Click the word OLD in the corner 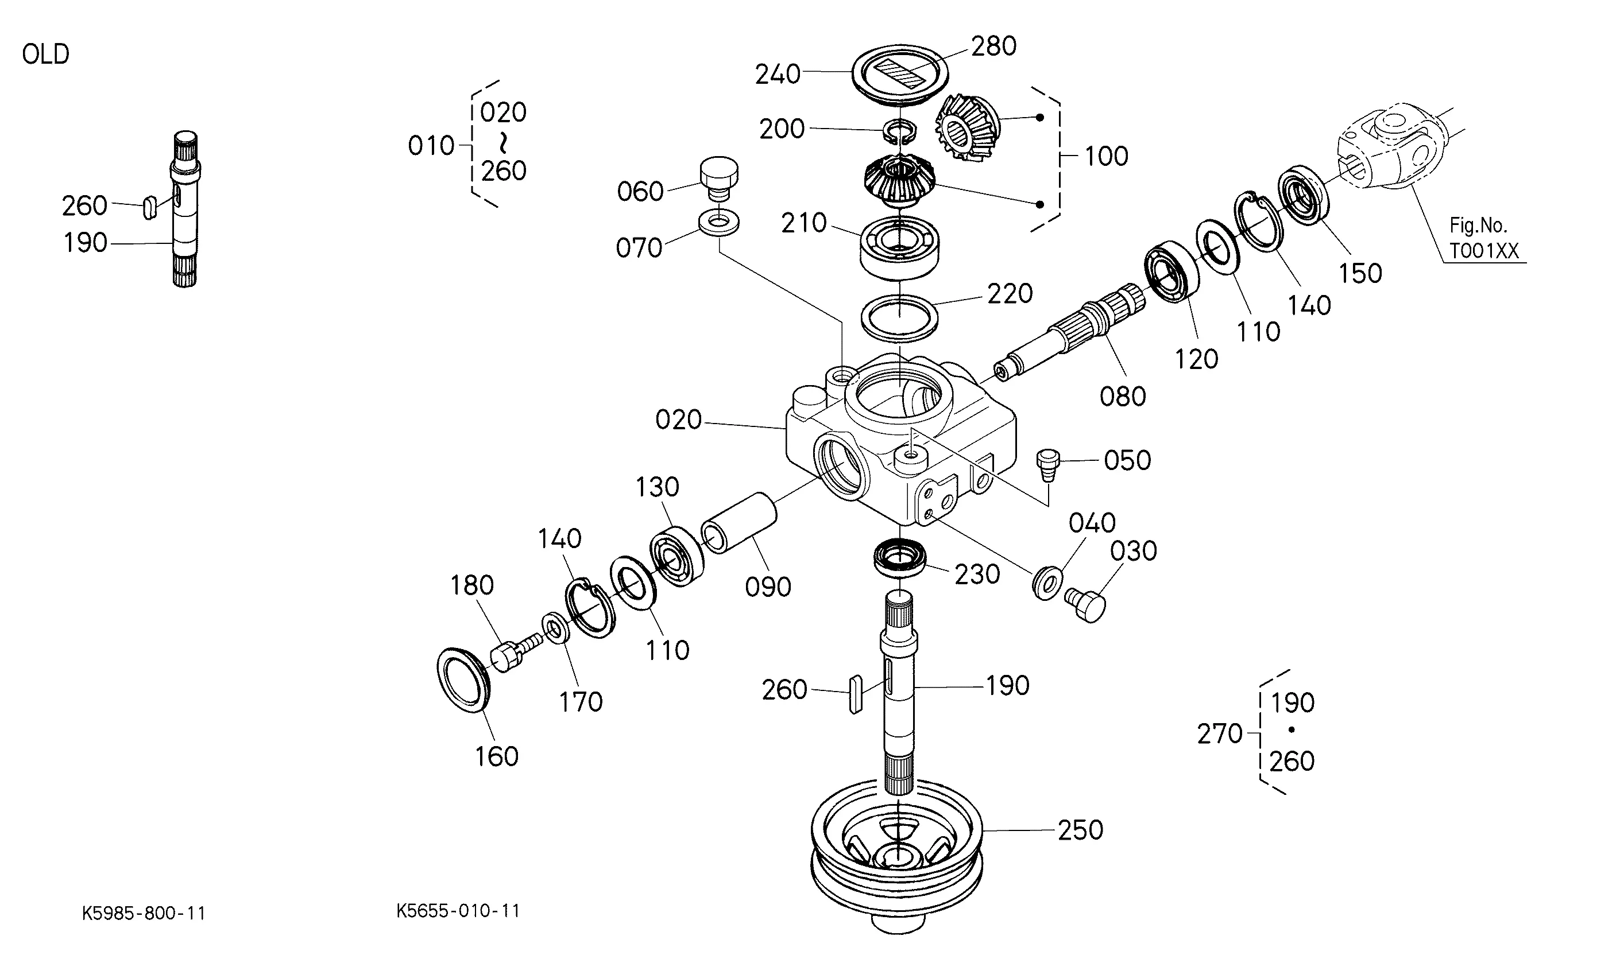(x=45, y=55)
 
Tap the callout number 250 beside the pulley (x=1080, y=830)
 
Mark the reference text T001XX (x=1483, y=251)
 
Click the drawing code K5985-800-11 (x=144, y=913)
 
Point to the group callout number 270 (x=1220, y=734)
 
